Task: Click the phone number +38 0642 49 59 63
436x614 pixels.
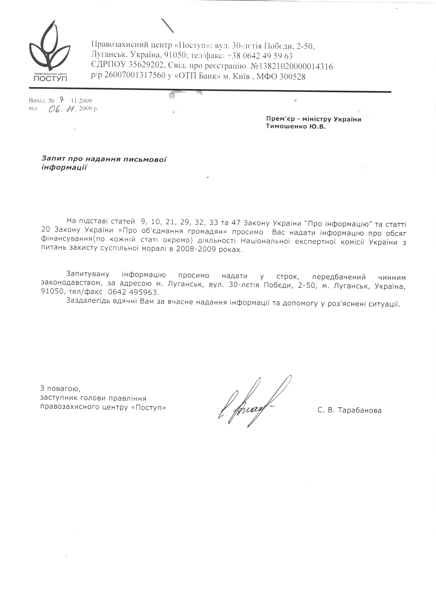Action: click(x=260, y=56)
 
